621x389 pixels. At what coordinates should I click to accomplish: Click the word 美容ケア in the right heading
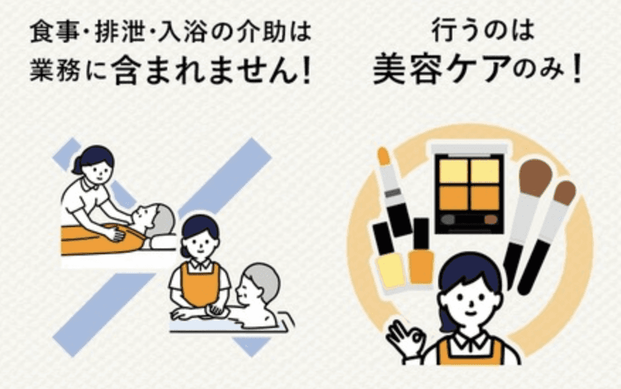[x=441, y=69]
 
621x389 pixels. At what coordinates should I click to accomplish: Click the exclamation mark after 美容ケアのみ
[x=576, y=69]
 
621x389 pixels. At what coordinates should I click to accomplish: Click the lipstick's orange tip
[x=384, y=156]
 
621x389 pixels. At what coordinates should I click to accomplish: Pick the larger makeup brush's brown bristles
[x=535, y=177]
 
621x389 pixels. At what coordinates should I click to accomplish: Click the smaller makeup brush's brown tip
[x=564, y=192]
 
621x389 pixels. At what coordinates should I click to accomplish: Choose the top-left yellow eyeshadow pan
[x=454, y=170]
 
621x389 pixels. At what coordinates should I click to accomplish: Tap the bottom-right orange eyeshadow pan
[x=485, y=197]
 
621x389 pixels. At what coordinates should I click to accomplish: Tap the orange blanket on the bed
[x=101, y=239]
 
